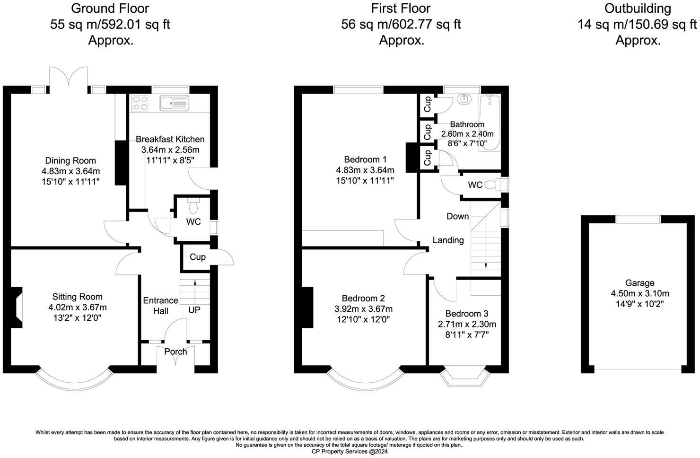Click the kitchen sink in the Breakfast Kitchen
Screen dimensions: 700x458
[175, 103]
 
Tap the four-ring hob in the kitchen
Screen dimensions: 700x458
[140, 103]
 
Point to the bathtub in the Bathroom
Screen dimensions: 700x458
[490, 123]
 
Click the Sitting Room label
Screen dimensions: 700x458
[77, 297]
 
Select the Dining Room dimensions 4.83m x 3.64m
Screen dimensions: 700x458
[70, 171]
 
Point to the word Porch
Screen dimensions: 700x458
[175, 352]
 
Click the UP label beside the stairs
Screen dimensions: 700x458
[194, 310]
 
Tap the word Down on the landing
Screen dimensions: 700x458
[457, 216]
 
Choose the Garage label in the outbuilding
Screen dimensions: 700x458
[639, 283]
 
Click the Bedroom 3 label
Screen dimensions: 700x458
[466, 314]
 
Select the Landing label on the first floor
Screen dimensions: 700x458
[448, 240]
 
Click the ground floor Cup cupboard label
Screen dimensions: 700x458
[198, 257]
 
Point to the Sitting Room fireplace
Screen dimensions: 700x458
[16, 308]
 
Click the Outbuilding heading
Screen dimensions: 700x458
[638, 9]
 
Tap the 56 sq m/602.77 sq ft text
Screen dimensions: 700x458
[401, 25]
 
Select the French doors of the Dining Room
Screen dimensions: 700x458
[69, 79]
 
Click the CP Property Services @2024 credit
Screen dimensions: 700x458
[350, 451]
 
